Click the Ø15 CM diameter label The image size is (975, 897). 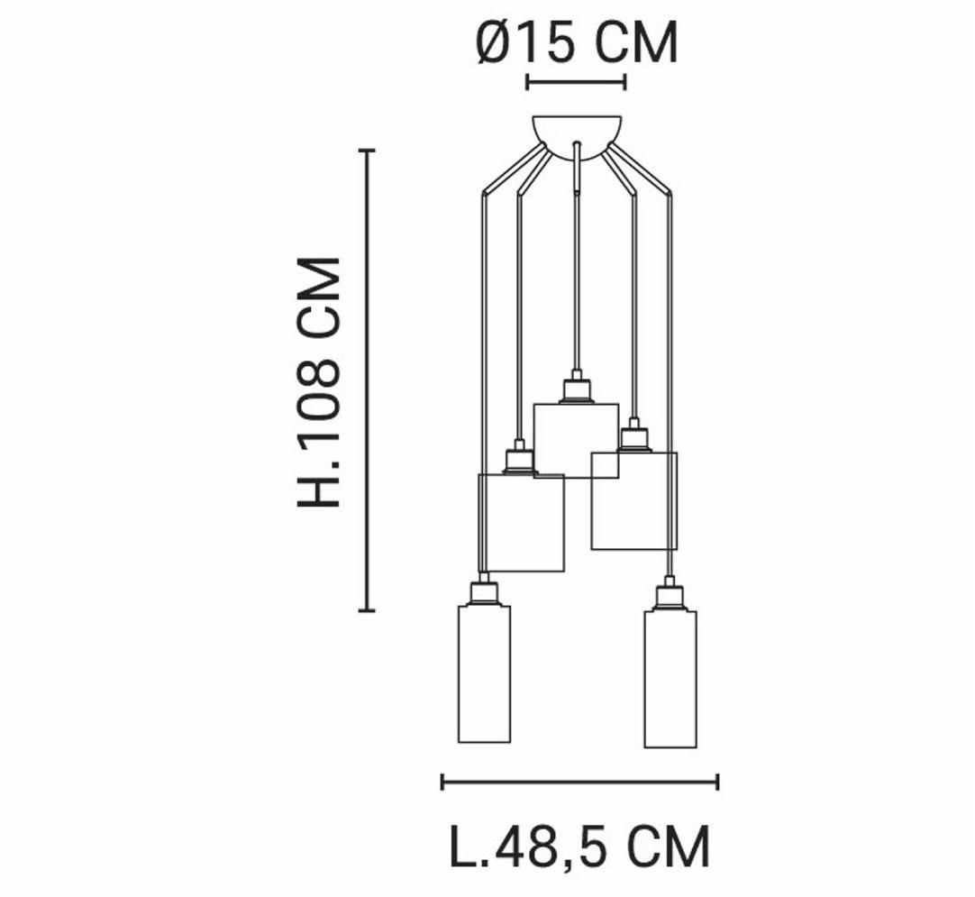[577, 42]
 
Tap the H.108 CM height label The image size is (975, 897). [320, 381]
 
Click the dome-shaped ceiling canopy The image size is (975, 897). [577, 132]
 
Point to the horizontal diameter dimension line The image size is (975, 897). [576, 83]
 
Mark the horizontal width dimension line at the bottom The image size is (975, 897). [579, 781]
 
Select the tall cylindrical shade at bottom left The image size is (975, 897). [484, 674]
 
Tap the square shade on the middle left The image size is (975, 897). [520, 523]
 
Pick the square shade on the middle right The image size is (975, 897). [633, 501]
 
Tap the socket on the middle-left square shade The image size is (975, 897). [518, 459]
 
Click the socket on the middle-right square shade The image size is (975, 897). [633, 437]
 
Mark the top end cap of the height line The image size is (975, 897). [366, 151]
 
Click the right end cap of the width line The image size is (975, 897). [717, 781]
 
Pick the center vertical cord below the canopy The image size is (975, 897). [577, 270]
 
